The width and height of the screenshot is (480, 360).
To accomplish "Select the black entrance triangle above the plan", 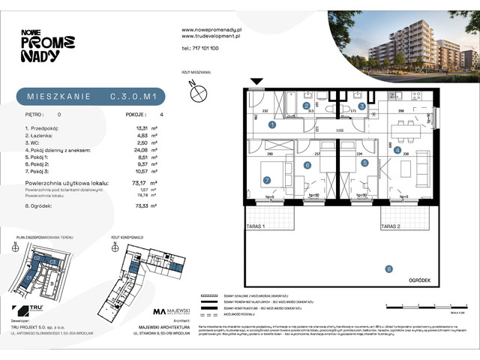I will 256,81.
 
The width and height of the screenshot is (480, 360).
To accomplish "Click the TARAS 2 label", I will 391,225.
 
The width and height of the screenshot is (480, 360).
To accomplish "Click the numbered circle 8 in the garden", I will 388,268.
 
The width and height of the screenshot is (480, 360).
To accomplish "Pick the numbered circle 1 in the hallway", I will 272,125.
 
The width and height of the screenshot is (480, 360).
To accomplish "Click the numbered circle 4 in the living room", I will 397,149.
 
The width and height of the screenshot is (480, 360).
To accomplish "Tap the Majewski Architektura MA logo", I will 171,312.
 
